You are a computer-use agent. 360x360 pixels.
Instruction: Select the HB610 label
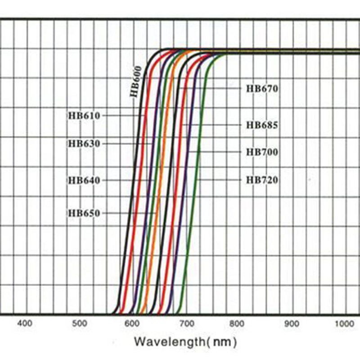point(84,116)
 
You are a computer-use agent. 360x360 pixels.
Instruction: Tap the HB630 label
point(84,144)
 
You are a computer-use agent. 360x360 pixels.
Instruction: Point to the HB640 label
point(84,180)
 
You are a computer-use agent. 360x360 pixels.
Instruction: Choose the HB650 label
point(84,213)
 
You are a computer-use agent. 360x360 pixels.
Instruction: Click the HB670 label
point(262,89)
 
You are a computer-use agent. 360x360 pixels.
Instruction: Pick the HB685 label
point(262,125)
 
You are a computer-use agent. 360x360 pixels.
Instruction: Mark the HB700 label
point(262,153)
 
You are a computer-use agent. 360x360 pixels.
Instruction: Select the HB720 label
point(262,180)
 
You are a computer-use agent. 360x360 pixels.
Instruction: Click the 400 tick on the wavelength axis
point(25,323)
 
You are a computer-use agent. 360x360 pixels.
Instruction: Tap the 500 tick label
point(79,323)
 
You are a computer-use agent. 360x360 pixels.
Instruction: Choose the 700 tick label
point(187,323)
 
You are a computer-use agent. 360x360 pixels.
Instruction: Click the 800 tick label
point(240,323)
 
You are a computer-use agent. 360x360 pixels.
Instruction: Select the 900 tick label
point(293,323)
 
